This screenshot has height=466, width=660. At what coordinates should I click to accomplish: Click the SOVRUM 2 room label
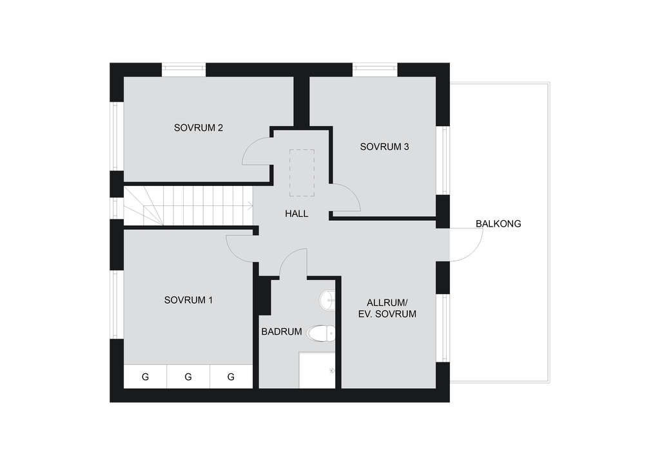[x=199, y=127]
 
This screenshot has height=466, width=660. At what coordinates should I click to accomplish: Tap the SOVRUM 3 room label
[x=384, y=147]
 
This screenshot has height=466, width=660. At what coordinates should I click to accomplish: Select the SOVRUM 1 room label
[x=188, y=300]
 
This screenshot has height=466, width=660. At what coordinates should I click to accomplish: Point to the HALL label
[x=296, y=214]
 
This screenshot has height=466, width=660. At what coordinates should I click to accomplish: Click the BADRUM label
[x=282, y=331]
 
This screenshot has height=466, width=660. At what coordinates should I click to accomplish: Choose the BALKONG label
[x=498, y=223]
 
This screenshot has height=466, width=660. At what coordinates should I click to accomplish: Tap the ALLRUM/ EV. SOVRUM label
[x=387, y=308]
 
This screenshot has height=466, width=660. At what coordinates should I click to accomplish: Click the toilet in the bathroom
[x=321, y=333]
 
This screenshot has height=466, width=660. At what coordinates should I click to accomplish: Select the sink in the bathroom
[x=327, y=301]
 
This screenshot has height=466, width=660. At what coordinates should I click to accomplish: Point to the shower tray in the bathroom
[x=317, y=370]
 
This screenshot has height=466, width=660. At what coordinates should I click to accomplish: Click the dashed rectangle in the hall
[x=302, y=172]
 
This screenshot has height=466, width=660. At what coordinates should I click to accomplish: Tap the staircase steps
[x=188, y=206]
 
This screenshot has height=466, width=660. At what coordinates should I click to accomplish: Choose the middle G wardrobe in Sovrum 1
[x=188, y=377]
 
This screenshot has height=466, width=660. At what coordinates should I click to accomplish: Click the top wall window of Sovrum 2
[x=184, y=70]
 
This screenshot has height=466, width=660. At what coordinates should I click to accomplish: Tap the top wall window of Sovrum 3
[x=375, y=70]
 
